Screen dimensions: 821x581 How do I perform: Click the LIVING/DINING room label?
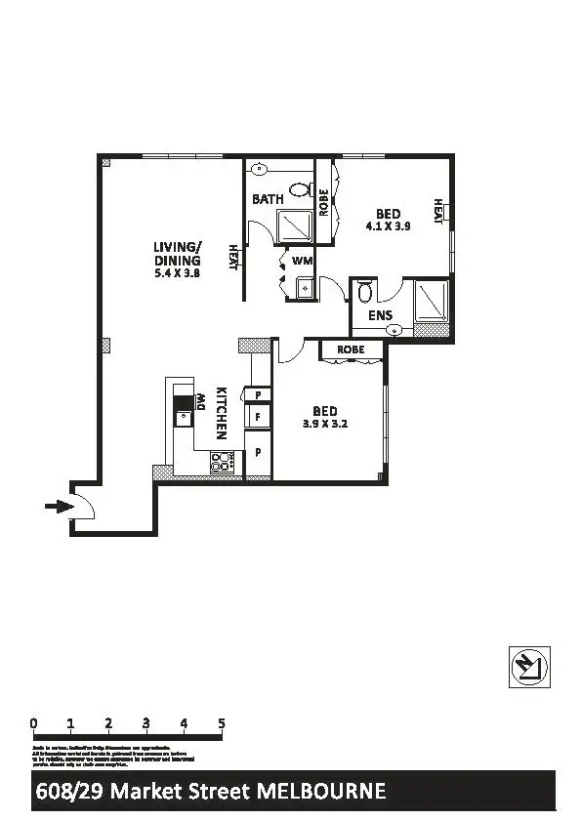point(177,254)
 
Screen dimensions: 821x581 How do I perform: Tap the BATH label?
point(268,199)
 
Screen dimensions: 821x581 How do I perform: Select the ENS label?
point(380,315)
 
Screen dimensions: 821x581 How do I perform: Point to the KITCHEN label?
point(222,412)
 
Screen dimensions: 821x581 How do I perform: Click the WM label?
point(302,261)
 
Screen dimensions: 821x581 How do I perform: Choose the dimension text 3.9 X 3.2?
point(325,424)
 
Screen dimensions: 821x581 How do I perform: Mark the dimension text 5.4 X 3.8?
point(177,274)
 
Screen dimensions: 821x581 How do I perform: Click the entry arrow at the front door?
point(59,506)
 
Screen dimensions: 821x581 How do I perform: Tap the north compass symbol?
point(530,667)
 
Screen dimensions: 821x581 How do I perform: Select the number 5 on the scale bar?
point(222,723)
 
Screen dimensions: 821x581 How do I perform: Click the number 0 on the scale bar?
point(34,723)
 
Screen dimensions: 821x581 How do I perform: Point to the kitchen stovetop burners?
point(222,462)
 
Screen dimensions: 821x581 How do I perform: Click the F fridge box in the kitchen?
point(258,417)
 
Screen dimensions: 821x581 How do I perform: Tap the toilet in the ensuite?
point(364,291)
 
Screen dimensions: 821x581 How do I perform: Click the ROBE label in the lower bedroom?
point(351,349)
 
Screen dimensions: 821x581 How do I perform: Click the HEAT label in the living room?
point(233,257)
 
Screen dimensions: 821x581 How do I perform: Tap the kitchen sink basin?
point(183,418)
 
